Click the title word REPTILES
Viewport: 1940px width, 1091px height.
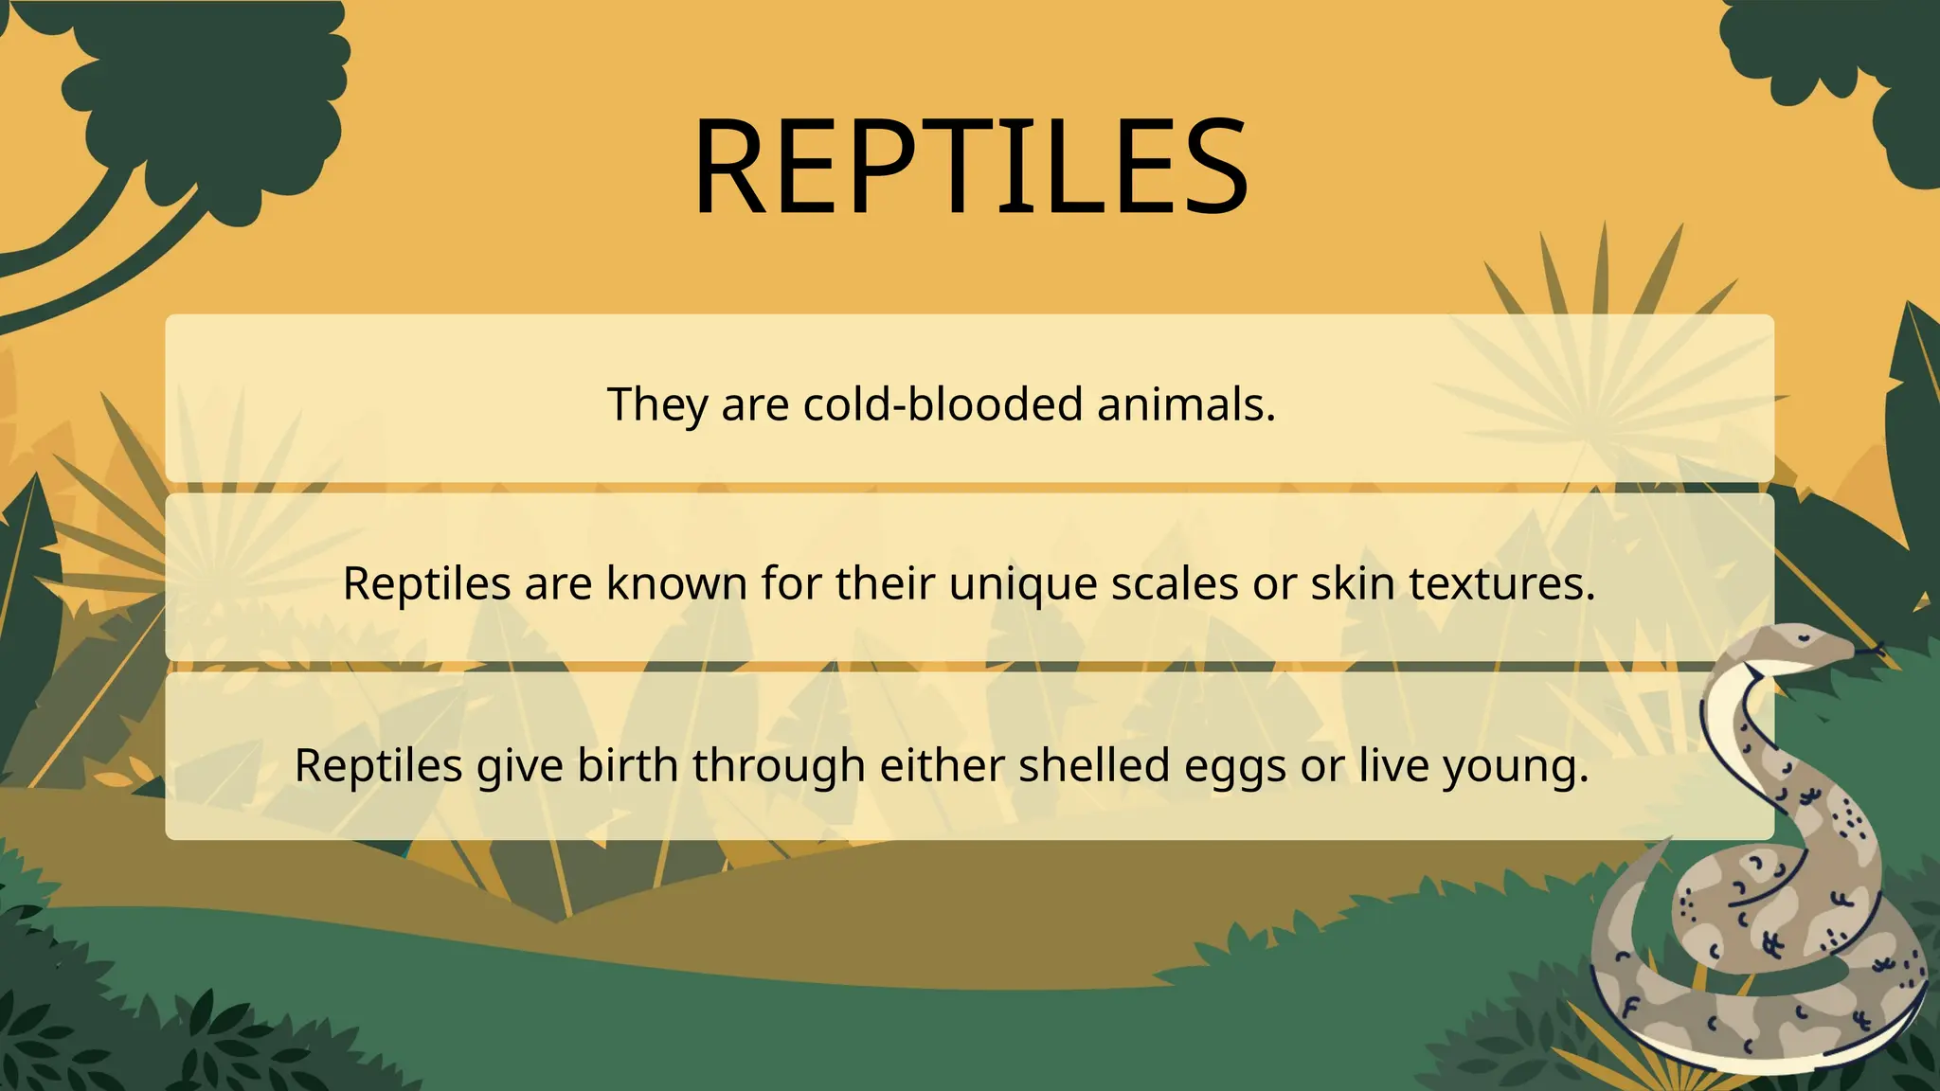point(970,168)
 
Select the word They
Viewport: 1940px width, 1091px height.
point(656,404)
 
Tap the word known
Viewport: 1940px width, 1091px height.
point(676,583)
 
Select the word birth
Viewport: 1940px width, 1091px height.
point(628,765)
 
